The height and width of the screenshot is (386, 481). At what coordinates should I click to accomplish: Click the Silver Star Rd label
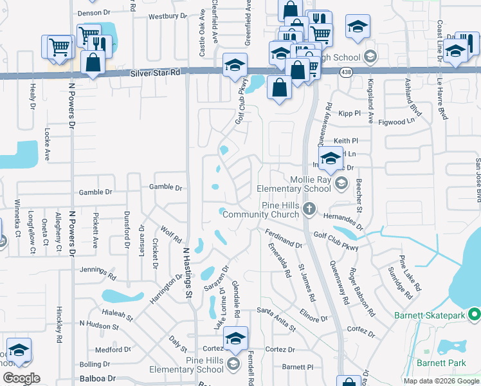(154, 73)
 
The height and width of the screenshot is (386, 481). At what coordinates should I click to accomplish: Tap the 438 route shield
(347, 71)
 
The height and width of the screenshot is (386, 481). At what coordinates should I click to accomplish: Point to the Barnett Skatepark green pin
(475, 315)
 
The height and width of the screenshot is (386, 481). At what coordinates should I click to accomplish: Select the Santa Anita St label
(276, 319)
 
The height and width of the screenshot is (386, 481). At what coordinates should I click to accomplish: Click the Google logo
(21, 378)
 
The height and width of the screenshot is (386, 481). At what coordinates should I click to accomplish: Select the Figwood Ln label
(396, 121)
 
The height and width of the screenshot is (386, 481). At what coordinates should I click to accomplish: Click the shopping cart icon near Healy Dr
(59, 46)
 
